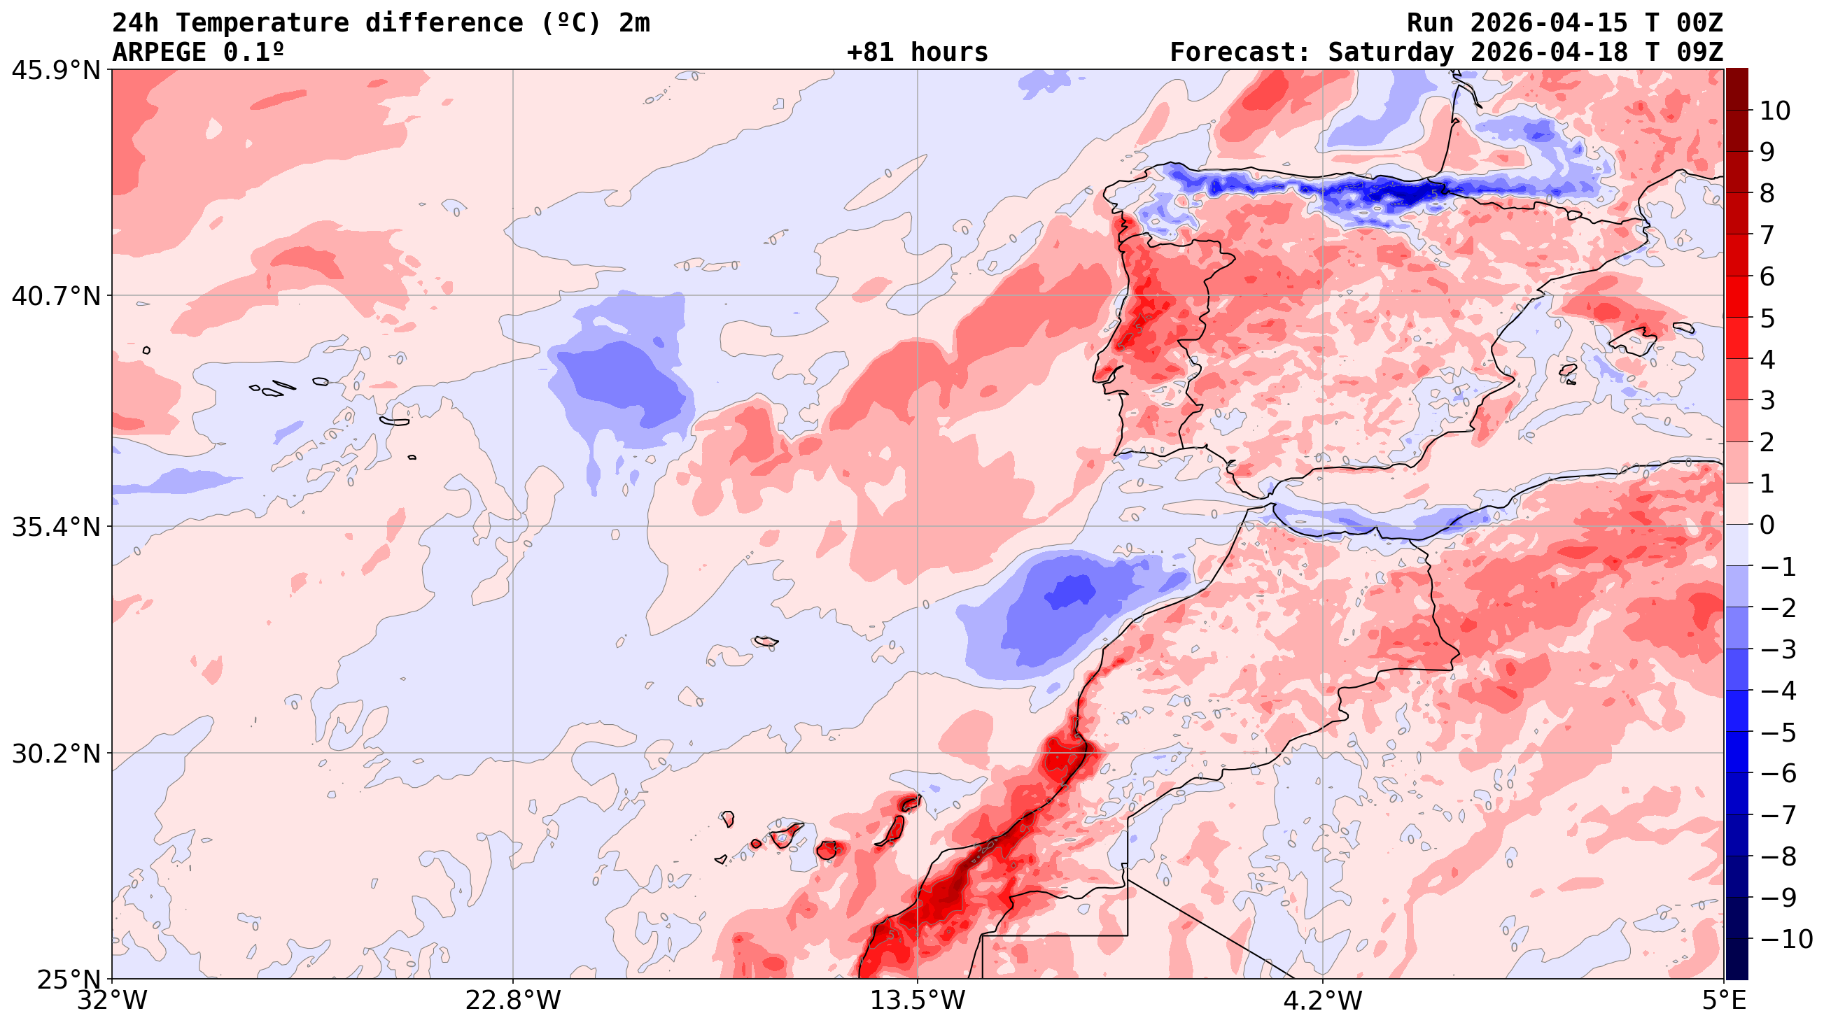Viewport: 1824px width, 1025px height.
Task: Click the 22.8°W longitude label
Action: click(512, 1001)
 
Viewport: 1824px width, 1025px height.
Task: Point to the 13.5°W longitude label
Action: click(918, 1001)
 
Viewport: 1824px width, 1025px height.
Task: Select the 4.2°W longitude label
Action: click(1323, 1001)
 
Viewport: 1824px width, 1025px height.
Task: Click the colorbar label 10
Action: click(1774, 111)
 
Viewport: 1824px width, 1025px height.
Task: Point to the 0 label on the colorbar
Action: click(1767, 525)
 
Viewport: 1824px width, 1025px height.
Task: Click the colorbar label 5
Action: click(1767, 318)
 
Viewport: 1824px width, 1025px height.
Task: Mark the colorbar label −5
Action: click(1777, 733)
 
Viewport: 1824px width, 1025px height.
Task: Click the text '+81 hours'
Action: click(917, 52)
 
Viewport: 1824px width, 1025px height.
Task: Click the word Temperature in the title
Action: click(262, 23)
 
